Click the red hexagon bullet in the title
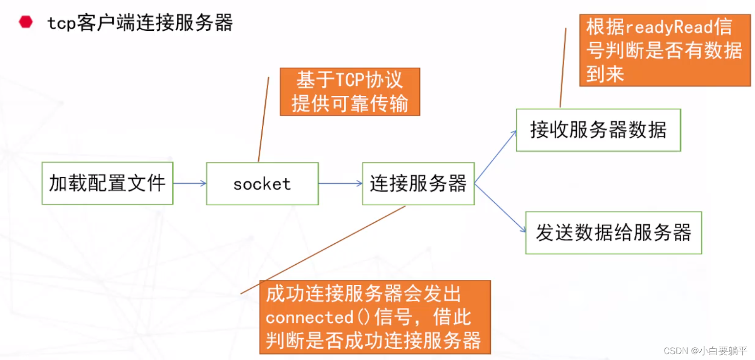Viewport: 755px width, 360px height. (25, 22)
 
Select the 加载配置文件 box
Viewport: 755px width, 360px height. (107, 183)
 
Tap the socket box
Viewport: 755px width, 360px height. (262, 184)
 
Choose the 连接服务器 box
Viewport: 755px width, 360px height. (418, 184)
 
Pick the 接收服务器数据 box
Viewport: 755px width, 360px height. (598, 130)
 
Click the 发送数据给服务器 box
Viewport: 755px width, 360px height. (613, 233)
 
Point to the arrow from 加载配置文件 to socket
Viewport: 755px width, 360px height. (189, 184)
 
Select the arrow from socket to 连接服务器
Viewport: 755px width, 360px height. (340, 184)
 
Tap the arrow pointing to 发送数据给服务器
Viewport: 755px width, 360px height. (500, 208)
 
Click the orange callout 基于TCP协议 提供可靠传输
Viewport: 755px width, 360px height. (350, 92)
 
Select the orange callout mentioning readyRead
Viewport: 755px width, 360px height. (665, 50)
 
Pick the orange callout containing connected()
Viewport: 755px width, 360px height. (375, 317)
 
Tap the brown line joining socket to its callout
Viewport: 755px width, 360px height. (263, 120)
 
